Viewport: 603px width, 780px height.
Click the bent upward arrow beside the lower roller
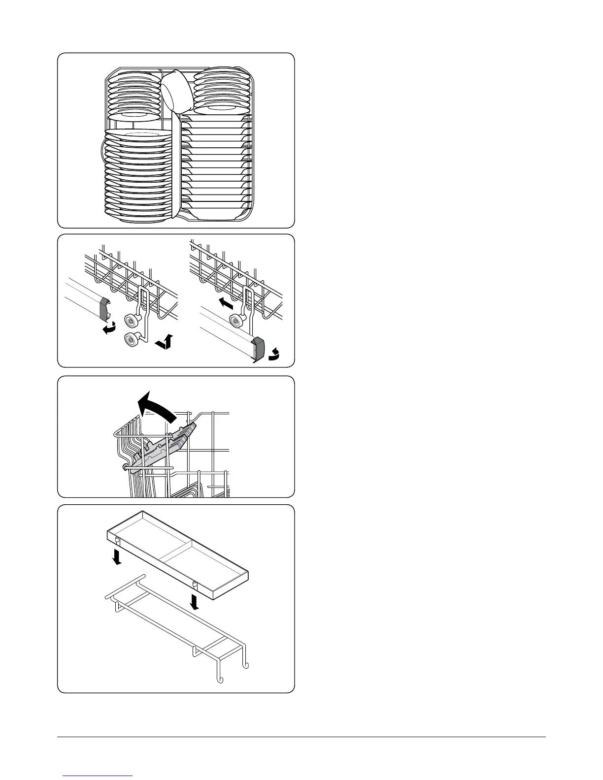[x=165, y=342]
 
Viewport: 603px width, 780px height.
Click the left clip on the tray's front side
[x=117, y=540]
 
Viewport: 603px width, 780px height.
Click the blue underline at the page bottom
[x=99, y=776]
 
